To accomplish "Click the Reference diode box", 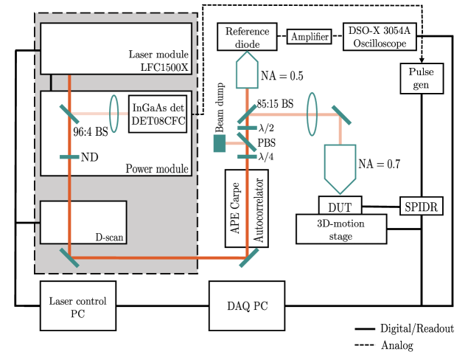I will click(x=245, y=38).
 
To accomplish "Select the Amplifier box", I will click(x=310, y=38).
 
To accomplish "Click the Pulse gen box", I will click(x=420, y=78).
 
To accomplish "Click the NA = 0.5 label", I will click(x=279, y=75).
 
